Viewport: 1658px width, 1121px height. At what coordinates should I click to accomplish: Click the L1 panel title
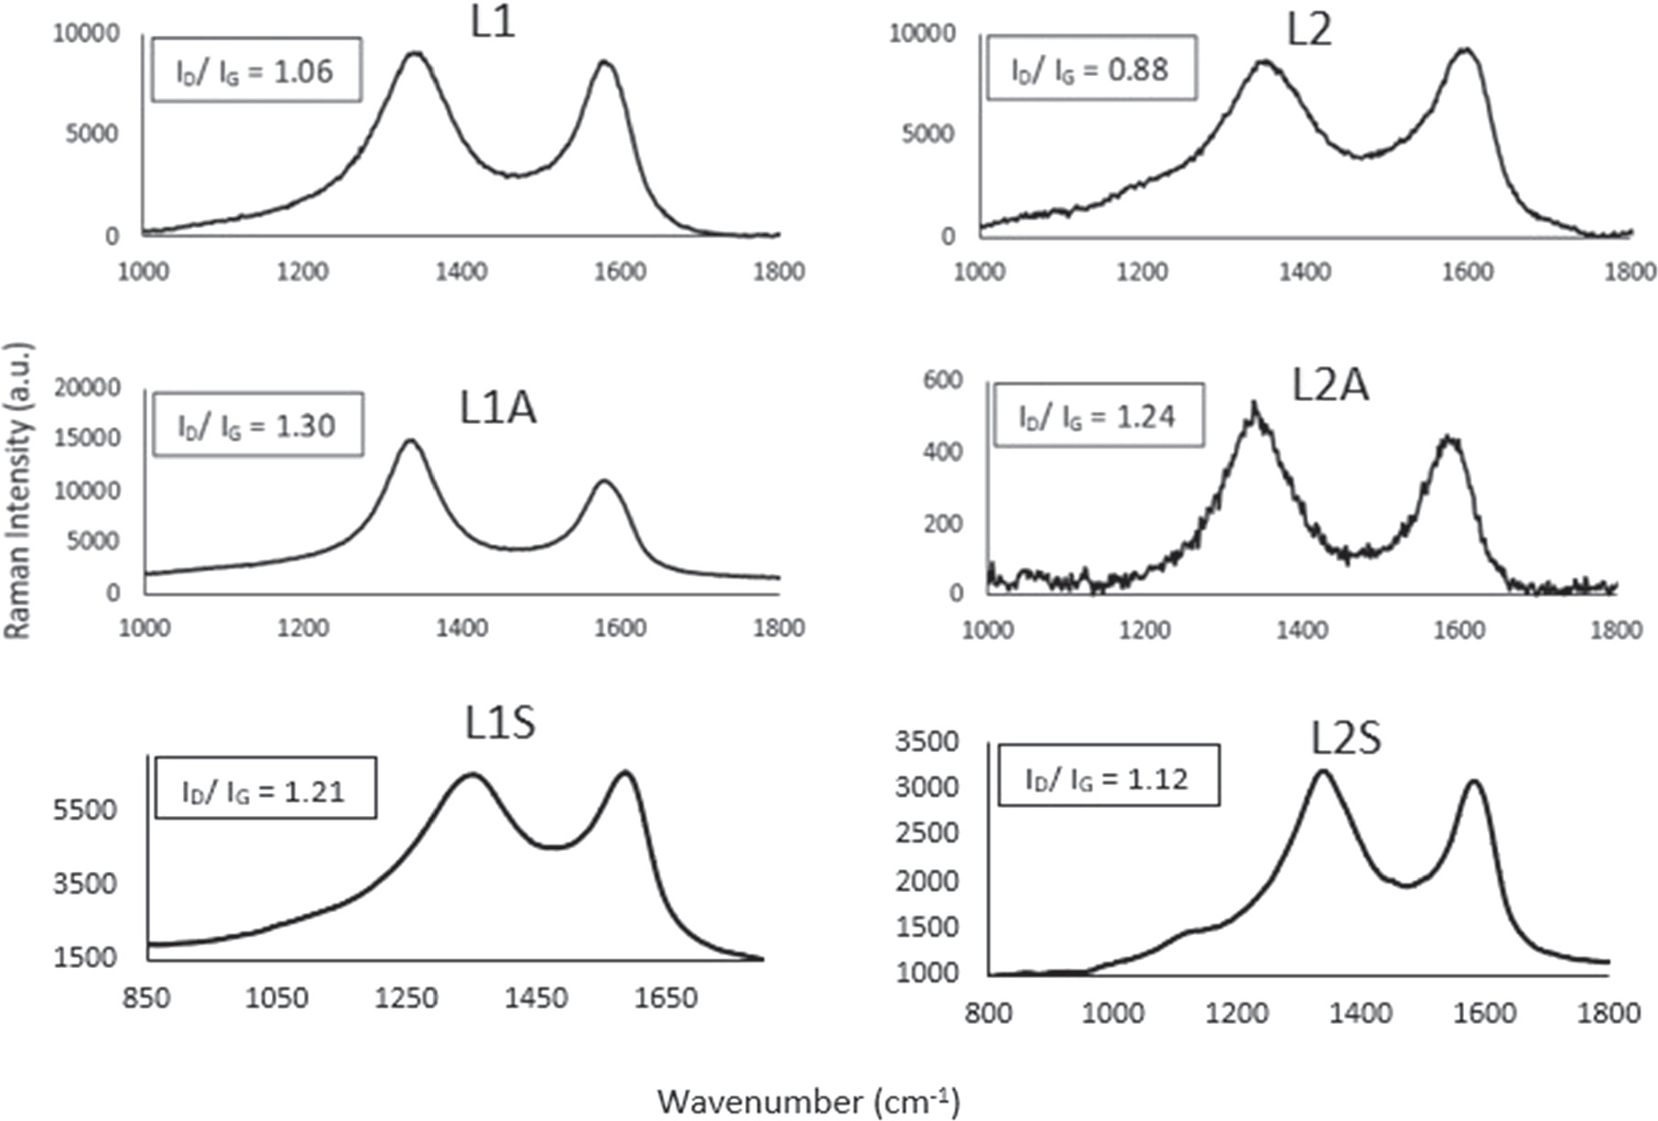(x=493, y=22)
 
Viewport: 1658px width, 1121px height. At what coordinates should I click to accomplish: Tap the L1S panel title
(x=499, y=724)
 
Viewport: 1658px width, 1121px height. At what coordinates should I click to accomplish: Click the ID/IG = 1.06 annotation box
(x=255, y=71)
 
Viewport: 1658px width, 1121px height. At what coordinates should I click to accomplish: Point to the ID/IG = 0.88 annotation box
(x=1090, y=69)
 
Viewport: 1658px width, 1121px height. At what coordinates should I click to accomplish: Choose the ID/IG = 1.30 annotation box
(x=257, y=425)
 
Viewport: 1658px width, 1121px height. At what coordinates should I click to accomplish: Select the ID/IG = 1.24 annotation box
(x=1098, y=417)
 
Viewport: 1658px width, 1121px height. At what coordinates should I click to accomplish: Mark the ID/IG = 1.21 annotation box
(x=265, y=789)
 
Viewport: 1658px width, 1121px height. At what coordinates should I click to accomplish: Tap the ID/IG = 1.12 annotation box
(x=1108, y=778)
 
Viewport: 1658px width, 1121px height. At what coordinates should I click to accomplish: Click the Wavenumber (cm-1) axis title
(x=808, y=1101)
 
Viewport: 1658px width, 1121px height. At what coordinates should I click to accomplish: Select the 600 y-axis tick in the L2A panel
(x=942, y=380)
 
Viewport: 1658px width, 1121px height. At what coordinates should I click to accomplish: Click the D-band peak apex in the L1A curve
(x=410, y=441)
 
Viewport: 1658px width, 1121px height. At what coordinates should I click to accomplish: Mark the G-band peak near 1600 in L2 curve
(x=1466, y=49)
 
